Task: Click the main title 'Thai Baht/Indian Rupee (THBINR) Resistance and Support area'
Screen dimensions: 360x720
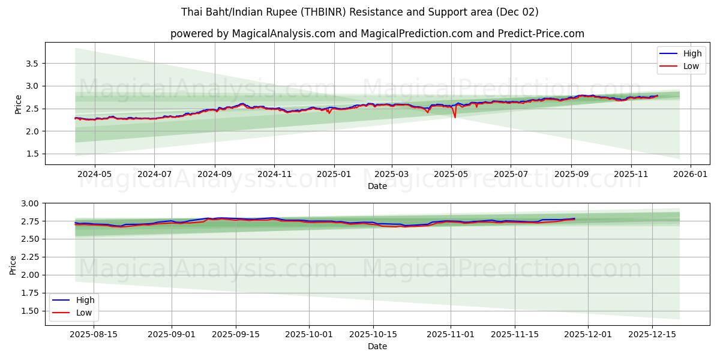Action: (359, 12)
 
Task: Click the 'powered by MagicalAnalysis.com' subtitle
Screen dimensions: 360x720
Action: (377, 34)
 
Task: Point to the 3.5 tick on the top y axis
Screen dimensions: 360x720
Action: (32, 64)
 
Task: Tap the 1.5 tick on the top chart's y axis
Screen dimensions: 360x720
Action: (32, 154)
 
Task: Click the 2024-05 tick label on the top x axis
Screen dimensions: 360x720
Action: (95, 174)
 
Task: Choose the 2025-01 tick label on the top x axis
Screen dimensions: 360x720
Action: (334, 174)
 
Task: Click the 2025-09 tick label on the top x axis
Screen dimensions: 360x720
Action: (571, 174)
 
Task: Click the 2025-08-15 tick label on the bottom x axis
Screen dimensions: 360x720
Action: (94, 334)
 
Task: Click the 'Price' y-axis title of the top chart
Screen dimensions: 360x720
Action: (19, 104)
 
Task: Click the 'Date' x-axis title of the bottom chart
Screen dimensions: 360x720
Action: (377, 346)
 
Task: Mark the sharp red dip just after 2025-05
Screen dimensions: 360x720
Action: (455, 116)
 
